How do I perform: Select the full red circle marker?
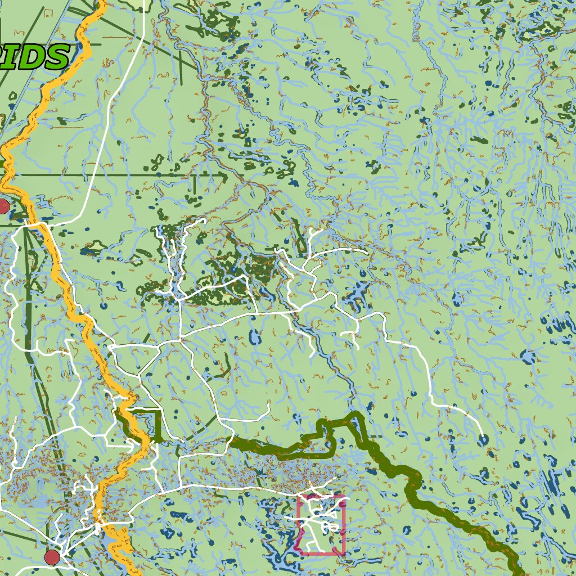tap(52, 557)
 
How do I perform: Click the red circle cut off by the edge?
tap(3, 206)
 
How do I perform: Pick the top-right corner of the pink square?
tap(343, 496)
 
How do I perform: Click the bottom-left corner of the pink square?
tap(299, 553)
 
